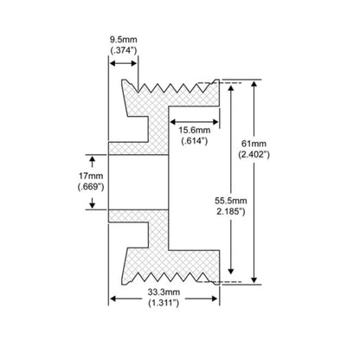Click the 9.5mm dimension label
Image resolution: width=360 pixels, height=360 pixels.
124,40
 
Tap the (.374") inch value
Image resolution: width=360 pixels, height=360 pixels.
124,50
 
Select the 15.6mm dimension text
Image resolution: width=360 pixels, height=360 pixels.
195,130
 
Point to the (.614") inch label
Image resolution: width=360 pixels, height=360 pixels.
195,141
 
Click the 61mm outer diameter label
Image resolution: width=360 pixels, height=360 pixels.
254,144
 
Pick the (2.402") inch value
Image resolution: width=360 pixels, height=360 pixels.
254,155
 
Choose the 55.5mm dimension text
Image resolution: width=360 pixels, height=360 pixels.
231,200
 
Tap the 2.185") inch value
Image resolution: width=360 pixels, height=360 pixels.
231,211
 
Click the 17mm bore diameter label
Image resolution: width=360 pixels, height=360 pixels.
91,176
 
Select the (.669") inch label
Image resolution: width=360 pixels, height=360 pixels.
91,187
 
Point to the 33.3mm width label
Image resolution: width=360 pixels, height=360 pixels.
164,292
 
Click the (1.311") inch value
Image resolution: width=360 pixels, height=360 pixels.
164,303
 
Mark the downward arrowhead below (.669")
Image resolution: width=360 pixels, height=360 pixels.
92,205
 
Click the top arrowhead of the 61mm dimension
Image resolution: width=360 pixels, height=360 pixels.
254,84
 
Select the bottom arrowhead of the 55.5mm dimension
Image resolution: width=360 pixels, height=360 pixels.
231,271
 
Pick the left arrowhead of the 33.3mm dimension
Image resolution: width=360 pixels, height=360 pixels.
113,299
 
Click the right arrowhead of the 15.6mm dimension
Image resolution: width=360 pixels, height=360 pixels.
215,122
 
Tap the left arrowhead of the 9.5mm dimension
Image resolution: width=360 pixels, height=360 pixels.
112,63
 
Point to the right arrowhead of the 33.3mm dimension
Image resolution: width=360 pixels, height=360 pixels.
215,299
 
